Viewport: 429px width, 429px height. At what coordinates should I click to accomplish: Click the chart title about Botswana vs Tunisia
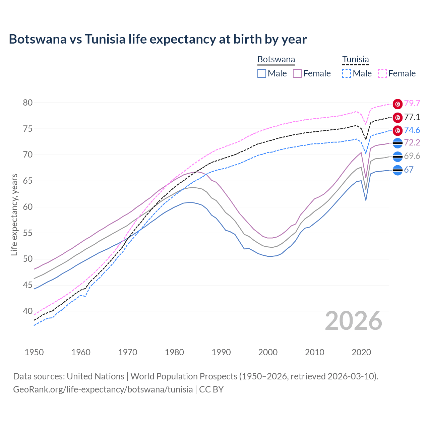pos(158,39)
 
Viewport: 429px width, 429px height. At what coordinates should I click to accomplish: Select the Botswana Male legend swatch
pos(262,73)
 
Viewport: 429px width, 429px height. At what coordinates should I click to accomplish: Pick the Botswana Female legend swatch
pos(297,73)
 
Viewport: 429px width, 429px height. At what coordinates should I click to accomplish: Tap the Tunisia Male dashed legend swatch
pos(347,73)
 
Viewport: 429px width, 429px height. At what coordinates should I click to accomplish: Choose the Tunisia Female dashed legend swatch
pos(382,73)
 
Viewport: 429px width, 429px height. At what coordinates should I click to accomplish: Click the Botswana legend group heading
pos(276,60)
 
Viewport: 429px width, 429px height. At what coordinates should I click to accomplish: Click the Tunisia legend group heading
pos(355,60)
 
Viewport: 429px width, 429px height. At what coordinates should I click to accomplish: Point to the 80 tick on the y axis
pos(28,103)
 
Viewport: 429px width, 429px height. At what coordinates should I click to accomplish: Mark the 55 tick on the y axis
pos(28,233)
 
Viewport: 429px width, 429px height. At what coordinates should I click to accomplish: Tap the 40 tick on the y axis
pos(28,311)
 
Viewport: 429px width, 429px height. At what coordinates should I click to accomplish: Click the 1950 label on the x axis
pos(34,352)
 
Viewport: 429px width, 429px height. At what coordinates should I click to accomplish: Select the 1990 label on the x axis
pos(221,352)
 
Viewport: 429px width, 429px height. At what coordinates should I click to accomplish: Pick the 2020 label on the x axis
pos(361,352)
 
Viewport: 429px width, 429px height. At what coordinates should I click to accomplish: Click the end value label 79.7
pos(412,104)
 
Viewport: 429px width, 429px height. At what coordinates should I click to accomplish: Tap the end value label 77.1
pos(412,117)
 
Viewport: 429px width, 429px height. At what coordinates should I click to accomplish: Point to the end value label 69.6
pos(412,156)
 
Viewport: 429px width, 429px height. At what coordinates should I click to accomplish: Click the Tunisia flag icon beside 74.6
pos(397,130)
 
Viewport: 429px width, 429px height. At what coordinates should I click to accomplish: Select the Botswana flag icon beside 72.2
pos(397,143)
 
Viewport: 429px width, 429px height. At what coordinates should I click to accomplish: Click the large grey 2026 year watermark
pos(354,321)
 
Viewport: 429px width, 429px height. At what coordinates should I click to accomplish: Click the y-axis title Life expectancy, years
pos(14,214)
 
